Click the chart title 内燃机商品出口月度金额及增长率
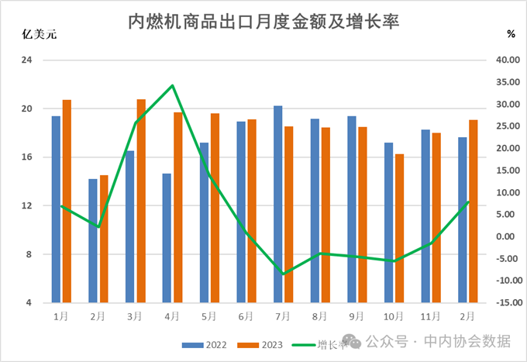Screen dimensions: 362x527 coord(263,21)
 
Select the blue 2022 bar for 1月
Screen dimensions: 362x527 coord(56,209)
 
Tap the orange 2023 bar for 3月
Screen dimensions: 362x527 coord(141,201)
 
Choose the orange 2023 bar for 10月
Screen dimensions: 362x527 coord(400,228)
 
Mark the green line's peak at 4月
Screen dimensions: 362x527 coord(172,85)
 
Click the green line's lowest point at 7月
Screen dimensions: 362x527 coord(284,274)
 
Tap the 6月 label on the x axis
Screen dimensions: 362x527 coord(246,316)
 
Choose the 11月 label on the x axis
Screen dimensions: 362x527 coord(431,316)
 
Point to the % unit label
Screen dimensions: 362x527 coord(511,33)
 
